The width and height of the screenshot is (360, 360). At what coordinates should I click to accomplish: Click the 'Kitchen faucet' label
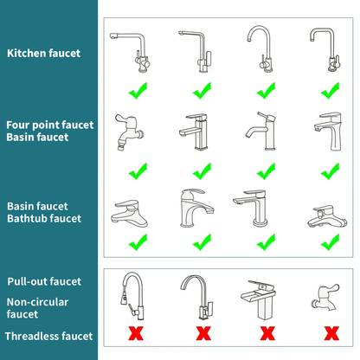(43, 53)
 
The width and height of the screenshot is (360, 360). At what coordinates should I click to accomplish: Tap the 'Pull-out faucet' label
(44, 281)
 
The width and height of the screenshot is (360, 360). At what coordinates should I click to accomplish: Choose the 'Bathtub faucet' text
(44, 219)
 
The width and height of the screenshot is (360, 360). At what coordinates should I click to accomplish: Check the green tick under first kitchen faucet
(137, 89)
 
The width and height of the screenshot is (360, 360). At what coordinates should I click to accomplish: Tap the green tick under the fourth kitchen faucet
(330, 89)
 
